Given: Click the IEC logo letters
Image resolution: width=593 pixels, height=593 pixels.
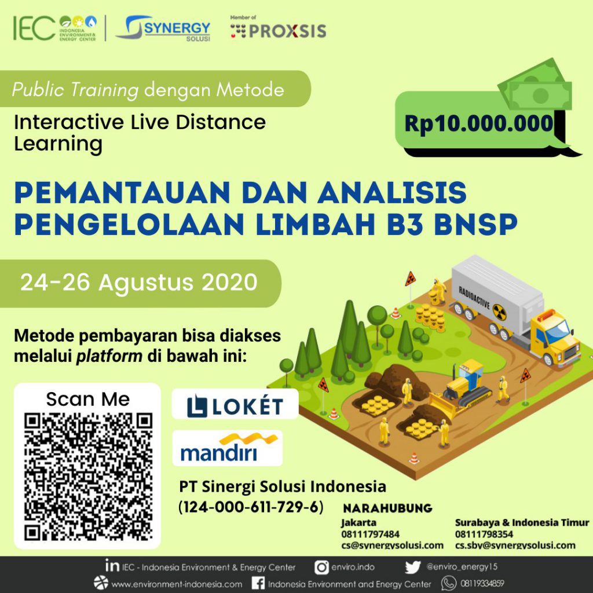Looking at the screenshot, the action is click(x=34, y=28).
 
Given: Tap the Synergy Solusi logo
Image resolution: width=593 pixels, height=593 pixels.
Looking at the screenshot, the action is click(x=163, y=28).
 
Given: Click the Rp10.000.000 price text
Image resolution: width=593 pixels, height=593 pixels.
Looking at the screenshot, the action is click(x=478, y=123).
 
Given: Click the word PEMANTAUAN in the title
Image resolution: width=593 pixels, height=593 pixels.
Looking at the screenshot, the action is click(x=122, y=192).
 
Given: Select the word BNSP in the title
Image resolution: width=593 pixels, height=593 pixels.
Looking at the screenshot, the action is click(x=475, y=224).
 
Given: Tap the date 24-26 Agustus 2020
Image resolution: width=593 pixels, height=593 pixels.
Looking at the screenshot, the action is click(x=139, y=282).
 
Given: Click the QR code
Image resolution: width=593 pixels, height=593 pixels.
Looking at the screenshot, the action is click(x=89, y=476).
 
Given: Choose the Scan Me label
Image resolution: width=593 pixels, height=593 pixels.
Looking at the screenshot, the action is click(x=88, y=399).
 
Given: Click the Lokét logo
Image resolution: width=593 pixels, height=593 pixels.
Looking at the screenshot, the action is click(x=235, y=406).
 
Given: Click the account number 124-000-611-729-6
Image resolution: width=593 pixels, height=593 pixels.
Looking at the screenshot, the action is click(x=251, y=507).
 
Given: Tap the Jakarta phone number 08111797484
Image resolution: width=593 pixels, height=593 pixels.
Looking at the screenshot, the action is click(x=370, y=534).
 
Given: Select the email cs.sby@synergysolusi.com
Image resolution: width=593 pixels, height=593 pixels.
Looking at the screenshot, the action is click(x=515, y=545).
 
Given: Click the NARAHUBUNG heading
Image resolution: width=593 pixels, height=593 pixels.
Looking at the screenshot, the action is click(x=387, y=508).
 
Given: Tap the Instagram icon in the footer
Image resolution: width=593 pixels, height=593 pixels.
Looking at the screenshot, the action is click(x=321, y=568).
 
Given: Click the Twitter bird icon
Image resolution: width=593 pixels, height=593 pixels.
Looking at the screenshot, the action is click(x=412, y=568).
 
